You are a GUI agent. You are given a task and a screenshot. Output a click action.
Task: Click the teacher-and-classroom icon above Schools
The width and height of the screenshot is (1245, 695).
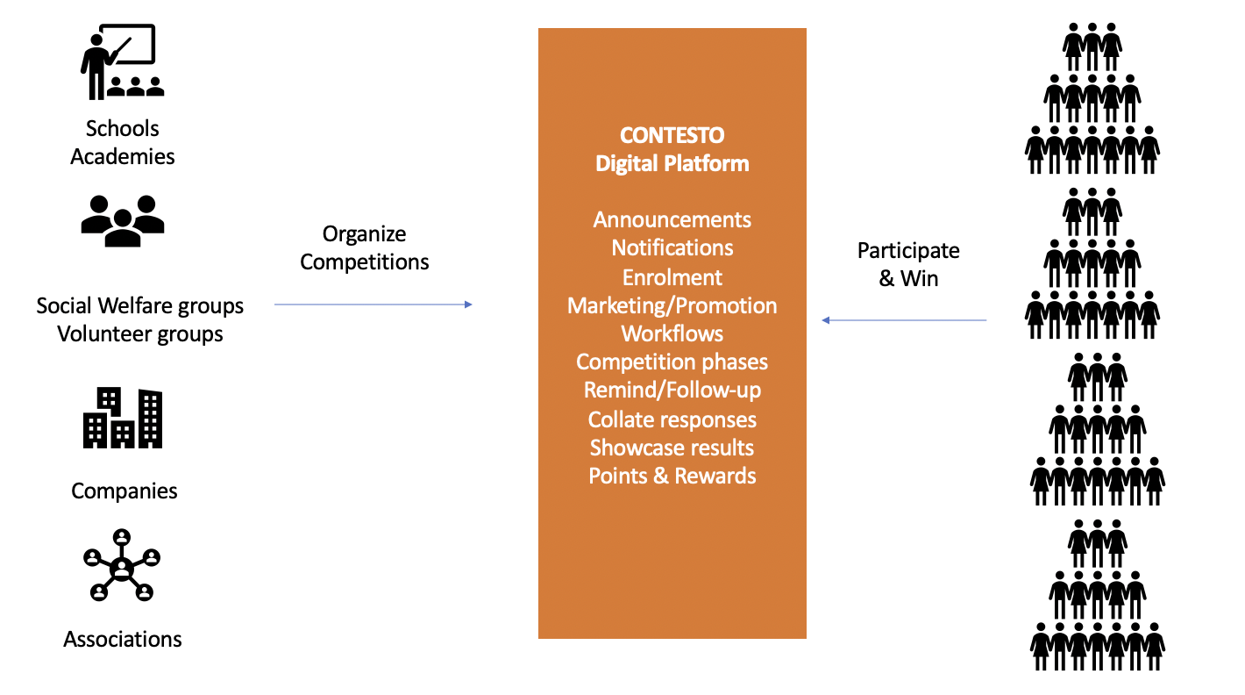click(x=122, y=61)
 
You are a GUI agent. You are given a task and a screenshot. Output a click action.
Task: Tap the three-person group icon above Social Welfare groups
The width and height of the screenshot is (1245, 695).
click(x=122, y=219)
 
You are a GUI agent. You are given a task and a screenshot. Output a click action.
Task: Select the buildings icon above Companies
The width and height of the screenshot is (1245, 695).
click(x=123, y=419)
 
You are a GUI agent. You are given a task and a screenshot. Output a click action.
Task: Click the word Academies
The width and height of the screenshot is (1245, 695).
click(x=123, y=156)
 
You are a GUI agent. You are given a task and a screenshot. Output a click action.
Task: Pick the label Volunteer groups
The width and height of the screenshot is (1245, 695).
click(x=140, y=334)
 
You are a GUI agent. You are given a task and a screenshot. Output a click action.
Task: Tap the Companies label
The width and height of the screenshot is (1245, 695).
click(x=125, y=491)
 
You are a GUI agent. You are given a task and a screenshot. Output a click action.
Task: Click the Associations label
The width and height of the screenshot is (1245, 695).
click(x=123, y=639)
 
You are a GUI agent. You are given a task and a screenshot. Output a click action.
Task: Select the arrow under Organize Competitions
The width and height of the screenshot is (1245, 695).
click(x=373, y=305)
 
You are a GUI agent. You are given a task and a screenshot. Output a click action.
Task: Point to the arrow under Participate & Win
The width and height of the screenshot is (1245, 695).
click(x=904, y=320)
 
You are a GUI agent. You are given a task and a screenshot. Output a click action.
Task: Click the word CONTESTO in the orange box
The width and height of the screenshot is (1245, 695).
click(x=672, y=136)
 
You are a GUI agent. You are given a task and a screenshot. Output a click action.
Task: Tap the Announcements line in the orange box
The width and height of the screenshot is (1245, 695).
click(x=672, y=219)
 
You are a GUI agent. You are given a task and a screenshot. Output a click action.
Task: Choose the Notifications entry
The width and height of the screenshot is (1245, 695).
click(x=672, y=248)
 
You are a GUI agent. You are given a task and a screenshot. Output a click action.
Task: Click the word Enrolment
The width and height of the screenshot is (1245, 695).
click(x=672, y=277)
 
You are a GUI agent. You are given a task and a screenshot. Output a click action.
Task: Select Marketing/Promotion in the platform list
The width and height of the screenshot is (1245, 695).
click(x=672, y=305)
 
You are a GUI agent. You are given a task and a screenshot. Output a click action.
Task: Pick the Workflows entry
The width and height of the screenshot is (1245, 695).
click(x=672, y=333)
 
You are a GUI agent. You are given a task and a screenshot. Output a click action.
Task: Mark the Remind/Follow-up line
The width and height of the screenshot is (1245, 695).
click(x=672, y=390)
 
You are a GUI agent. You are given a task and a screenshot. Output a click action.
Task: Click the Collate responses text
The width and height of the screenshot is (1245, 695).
click(x=672, y=419)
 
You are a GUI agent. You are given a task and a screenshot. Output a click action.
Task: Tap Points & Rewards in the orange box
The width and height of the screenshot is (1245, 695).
click(x=672, y=476)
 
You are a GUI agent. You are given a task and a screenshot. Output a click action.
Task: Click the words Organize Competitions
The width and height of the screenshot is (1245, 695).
click(x=365, y=247)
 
